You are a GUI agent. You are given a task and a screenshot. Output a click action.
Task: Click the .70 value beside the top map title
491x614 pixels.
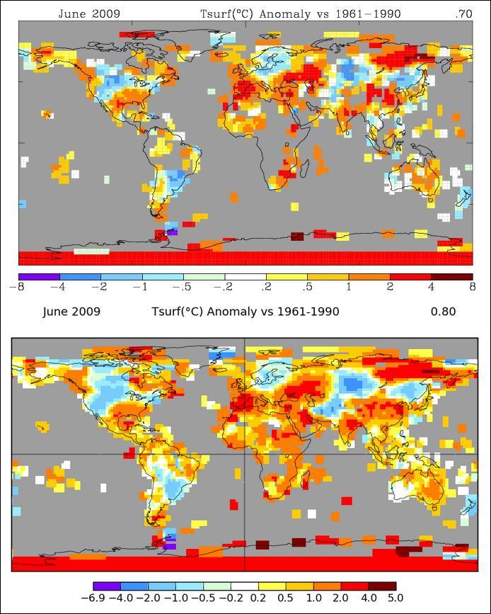(464, 13)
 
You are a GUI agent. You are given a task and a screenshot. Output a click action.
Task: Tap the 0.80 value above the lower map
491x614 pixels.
(443, 312)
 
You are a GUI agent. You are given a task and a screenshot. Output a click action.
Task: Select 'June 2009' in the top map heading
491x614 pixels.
(89, 13)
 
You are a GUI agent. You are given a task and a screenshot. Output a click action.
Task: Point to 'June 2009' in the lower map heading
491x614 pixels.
(71, 312)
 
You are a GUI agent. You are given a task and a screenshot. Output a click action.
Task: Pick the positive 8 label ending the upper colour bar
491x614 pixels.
(472, 287)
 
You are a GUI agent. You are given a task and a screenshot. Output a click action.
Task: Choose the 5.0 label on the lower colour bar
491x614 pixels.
(395, 598)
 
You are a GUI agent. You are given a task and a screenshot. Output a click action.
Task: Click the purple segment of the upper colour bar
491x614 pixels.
(39, 276)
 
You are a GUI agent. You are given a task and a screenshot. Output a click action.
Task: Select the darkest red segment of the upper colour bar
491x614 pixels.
(451, 276)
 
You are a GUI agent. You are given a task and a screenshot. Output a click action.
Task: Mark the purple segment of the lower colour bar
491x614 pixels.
(107, 586)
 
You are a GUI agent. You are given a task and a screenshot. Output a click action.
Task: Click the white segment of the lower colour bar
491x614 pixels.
(245, 586)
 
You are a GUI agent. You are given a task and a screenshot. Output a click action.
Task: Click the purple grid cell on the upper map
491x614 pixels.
(171, 232)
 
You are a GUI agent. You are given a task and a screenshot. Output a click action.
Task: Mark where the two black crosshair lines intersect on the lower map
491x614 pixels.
(245, 454)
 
